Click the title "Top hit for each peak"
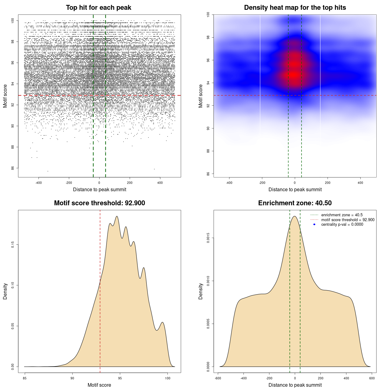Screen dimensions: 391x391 99,8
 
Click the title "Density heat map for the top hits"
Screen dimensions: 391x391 295,8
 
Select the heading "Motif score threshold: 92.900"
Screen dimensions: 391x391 99,203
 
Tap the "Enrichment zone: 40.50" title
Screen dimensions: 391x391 295,203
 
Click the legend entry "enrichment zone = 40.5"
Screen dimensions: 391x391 342,215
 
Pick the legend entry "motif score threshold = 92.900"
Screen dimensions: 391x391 348,220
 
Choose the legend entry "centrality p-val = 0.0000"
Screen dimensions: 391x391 342,224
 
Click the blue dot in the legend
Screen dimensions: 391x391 314,224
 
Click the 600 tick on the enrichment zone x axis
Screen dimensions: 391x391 372,378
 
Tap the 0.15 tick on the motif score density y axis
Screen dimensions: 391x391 13,245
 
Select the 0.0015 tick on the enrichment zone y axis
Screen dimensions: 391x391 208,238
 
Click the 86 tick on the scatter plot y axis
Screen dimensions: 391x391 13,168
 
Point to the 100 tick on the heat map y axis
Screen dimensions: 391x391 208,14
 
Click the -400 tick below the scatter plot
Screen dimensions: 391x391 38,183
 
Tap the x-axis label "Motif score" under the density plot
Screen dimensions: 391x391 99,385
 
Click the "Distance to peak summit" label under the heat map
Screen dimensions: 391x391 295,189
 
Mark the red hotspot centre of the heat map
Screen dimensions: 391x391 294,74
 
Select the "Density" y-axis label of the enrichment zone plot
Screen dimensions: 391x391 201,291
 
